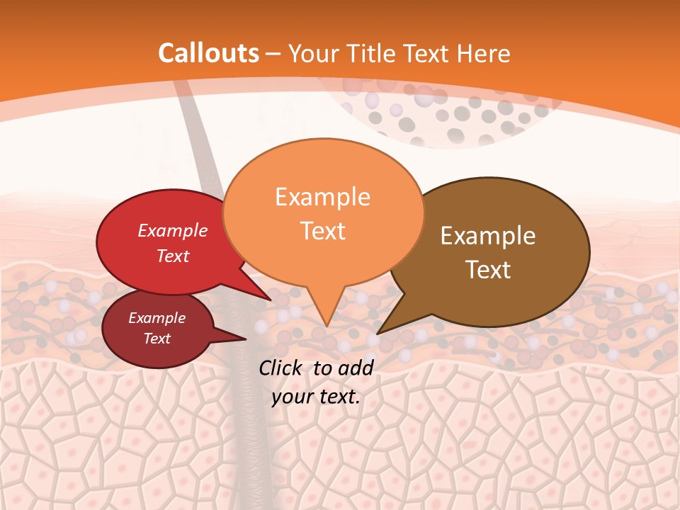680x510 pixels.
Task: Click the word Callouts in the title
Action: (208, 53)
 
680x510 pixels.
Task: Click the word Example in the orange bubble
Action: (322, 197)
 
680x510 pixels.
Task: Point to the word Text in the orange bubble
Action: (322, 231)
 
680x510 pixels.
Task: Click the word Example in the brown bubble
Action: (488, 236)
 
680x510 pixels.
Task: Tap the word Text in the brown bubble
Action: (488, 270)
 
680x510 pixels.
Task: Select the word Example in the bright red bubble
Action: (173, 231)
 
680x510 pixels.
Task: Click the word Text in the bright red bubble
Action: (173, 256)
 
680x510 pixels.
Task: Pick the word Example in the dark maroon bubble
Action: (157, 318)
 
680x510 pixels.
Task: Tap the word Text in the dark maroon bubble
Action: (157, 339)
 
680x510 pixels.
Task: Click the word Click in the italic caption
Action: (281, 368)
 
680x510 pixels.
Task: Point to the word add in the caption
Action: (356, 368)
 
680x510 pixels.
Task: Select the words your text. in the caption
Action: (316, 397)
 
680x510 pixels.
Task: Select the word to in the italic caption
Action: (322, 368)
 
